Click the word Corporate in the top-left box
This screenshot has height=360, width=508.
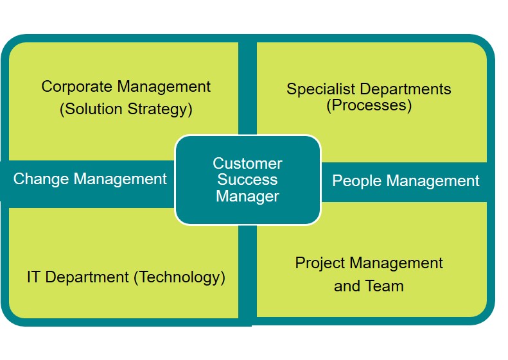pyautogui.click(x=77, y=87)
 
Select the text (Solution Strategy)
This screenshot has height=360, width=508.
pyautogui.click(x=126, y=109)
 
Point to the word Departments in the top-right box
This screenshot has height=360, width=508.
pyautogui.click(x=405, y=89)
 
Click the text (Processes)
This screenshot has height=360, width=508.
pyautogui.click(x=369, y=105)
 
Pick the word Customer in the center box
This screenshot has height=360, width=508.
pyautogui.click(x=247, y=164)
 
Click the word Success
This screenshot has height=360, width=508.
pyautogui.click(x=247, y=180)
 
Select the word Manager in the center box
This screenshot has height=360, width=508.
pyautogui.click(x=247, y=196)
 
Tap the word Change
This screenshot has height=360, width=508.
pyautogui.click(x=41, y=179)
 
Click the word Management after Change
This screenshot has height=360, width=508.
pyautogui.click(x=120, y=179)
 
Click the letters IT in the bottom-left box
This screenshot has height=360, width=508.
pyautogui.click(x=33, y=277)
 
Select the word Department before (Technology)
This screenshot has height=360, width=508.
pyautogui.click(x=87, y=277)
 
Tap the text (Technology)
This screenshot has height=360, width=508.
pyautogui.click(x=179, y=277)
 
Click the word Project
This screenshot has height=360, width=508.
pyautogui.click(x=320, y=263)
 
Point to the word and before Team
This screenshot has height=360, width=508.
pyautogui.click(x=347, y=286)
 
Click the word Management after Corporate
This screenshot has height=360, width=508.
pyautogui.click(x=164, y=87)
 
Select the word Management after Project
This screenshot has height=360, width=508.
pyautogui.click(x=396, y=263)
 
